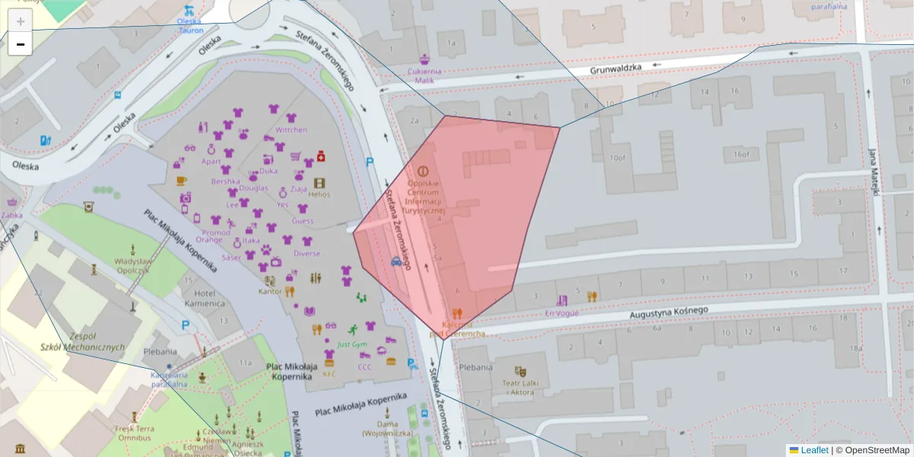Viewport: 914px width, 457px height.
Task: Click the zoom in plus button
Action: pos(20,21)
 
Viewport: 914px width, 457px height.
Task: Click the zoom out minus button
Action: pos(20,44)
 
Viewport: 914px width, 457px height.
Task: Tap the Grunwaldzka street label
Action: pos(616,69)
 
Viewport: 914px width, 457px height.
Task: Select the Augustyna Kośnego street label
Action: pos(669,312)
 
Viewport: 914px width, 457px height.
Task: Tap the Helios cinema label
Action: pos(319,194)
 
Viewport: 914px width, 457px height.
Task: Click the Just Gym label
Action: pos(352,345)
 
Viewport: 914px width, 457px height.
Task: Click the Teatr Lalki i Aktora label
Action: pos(521,387)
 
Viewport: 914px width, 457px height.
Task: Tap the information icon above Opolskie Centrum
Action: pos(423,172)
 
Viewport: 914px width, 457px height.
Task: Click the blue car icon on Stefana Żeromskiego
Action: pos(397,261)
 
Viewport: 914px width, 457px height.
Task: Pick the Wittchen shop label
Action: pos(291,129)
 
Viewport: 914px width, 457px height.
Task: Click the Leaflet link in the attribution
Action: pos(814,450)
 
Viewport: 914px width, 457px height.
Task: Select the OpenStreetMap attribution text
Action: pos(873,450)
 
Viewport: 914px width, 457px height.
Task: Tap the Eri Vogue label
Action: pos(562,312)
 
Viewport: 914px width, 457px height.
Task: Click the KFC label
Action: pos(329,374)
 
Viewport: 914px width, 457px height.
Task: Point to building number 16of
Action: pos(741,154)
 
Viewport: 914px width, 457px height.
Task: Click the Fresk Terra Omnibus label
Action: pos(134,433)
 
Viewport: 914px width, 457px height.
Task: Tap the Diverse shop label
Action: pos(306,254)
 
